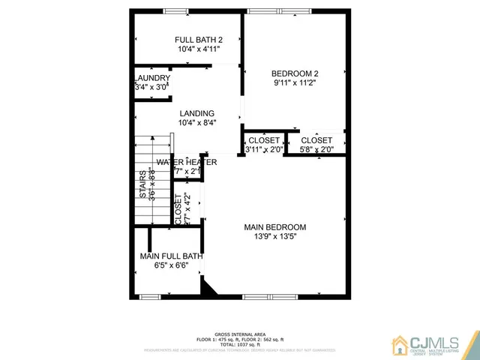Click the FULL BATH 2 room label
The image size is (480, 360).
(x=199, y=40)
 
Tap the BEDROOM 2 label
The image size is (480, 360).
(x=295, y=73)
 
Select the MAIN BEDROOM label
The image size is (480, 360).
(x=275, y=227)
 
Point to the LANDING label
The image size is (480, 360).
(x=196, y=114)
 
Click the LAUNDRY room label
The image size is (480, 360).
(x=152, y=78)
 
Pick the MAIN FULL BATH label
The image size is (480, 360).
(x=171, y=256)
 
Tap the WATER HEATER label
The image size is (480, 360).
(x=187, y=162)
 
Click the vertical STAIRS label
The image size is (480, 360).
(x=142, y=184)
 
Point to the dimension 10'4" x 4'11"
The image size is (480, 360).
(x=199, y=49)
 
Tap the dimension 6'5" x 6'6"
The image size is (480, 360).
(x=171, y=265)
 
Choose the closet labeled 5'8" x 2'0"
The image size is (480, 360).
(x=316, y=150)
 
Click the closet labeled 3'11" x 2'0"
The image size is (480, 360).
(x=264, y=150)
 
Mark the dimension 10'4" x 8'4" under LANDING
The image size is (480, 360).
(x=196, y=123)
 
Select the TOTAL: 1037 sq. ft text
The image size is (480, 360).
(x=239, y=344)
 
